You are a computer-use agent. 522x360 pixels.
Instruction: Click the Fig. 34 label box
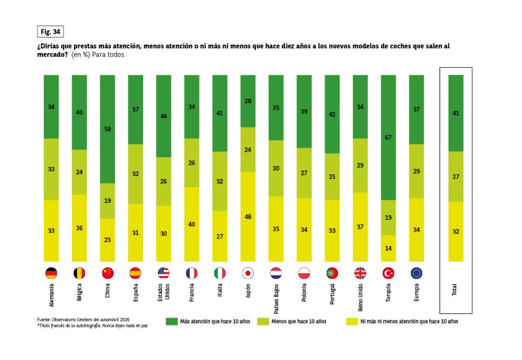[x=50, y=32]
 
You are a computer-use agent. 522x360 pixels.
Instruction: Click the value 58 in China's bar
[x=108, y=129]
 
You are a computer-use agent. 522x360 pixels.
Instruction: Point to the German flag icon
[x=51, y=273]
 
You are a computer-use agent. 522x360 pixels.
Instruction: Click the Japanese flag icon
[x=248, y=273]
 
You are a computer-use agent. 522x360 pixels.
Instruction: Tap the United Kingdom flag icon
[x=360, y=273]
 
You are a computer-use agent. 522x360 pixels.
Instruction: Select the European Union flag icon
[x=416, y=273]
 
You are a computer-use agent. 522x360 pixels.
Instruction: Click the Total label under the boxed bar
[x=455, y=290]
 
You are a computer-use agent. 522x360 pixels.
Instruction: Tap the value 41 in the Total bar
[x=456, y=113]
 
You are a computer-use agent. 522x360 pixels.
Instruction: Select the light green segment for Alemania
[x=51, y=169]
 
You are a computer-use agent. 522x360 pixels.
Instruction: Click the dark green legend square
[x=171, y=321]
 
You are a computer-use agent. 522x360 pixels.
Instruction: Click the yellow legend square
[x=351, y=321]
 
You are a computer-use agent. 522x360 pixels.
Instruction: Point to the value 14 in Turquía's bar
[x=388, y=248]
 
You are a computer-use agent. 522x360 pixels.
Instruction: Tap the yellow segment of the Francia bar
[x=192, y=224]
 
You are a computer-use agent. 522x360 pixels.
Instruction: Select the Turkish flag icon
[x=388, y=273]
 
